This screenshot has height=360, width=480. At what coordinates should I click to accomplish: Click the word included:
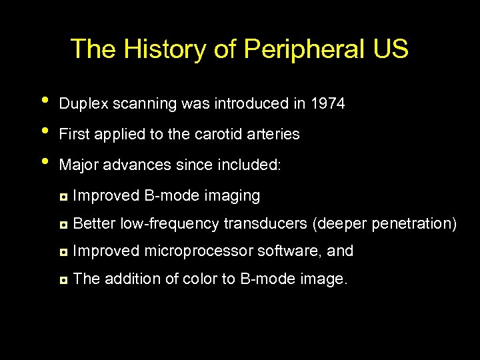[257, 165]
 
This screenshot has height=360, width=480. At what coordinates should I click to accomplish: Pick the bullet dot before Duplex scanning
[45, 101]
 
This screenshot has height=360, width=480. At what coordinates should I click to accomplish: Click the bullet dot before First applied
[45, 131]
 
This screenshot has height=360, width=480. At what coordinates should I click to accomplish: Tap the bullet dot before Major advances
[45, 161]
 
